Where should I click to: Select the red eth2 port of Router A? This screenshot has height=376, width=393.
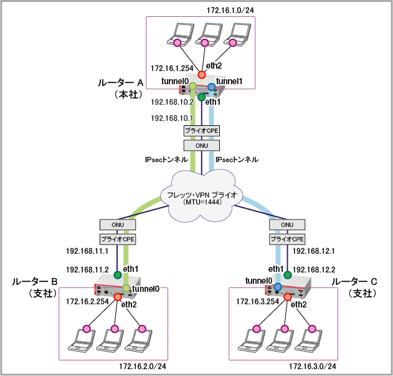[202, 74]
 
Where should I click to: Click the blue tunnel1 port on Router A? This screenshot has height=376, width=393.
[211, 86]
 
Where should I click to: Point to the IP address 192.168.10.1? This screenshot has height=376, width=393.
[173, 117]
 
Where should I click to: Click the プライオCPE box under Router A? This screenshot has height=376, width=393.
[201, 130]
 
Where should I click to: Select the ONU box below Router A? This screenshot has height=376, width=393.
[201, 145]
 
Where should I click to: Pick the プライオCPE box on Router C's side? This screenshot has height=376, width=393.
[288, 239]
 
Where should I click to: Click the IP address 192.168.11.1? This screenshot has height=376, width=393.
[88, 251]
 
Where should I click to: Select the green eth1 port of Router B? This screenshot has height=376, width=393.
[117, 274]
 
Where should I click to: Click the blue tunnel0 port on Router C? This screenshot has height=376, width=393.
[278, 287]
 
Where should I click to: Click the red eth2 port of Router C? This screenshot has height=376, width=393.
[288, 297]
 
